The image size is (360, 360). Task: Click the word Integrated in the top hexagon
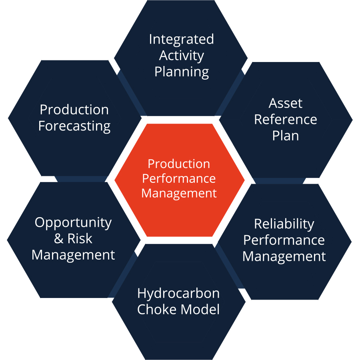click(x=181, y=40)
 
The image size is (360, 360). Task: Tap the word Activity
click(x=181, y=56)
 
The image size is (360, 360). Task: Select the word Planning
click(x=182, y=72)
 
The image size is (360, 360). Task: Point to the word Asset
click(x=285, y=103)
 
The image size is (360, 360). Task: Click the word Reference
click(x=286, y=119)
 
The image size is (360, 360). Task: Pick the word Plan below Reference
click(x=286, y=136)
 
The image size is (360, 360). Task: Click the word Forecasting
click(x=74, y=126)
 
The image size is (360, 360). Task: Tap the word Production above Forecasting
click(x=74, y=110)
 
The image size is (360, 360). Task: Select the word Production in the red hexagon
click(x=179, y=164)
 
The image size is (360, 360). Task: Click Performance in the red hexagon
click(x=179, y=178)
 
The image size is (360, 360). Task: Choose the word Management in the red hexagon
click(x=179, y=193)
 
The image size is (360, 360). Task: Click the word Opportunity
click(x=73, y=223)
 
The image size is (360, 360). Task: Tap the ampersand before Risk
click(x=59, y=238)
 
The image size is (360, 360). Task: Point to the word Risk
click(x=80, y=238)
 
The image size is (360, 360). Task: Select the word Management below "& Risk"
click(x=73, y=255)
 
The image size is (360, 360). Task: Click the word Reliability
click(x=284, y=224)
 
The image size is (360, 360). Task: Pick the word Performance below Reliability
click(x=284, y=240)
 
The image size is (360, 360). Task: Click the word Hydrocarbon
click(x=178, y=294)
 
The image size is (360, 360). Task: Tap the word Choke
click(x=157, y=309)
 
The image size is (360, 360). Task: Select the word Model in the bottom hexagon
click(x=200, y=309)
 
